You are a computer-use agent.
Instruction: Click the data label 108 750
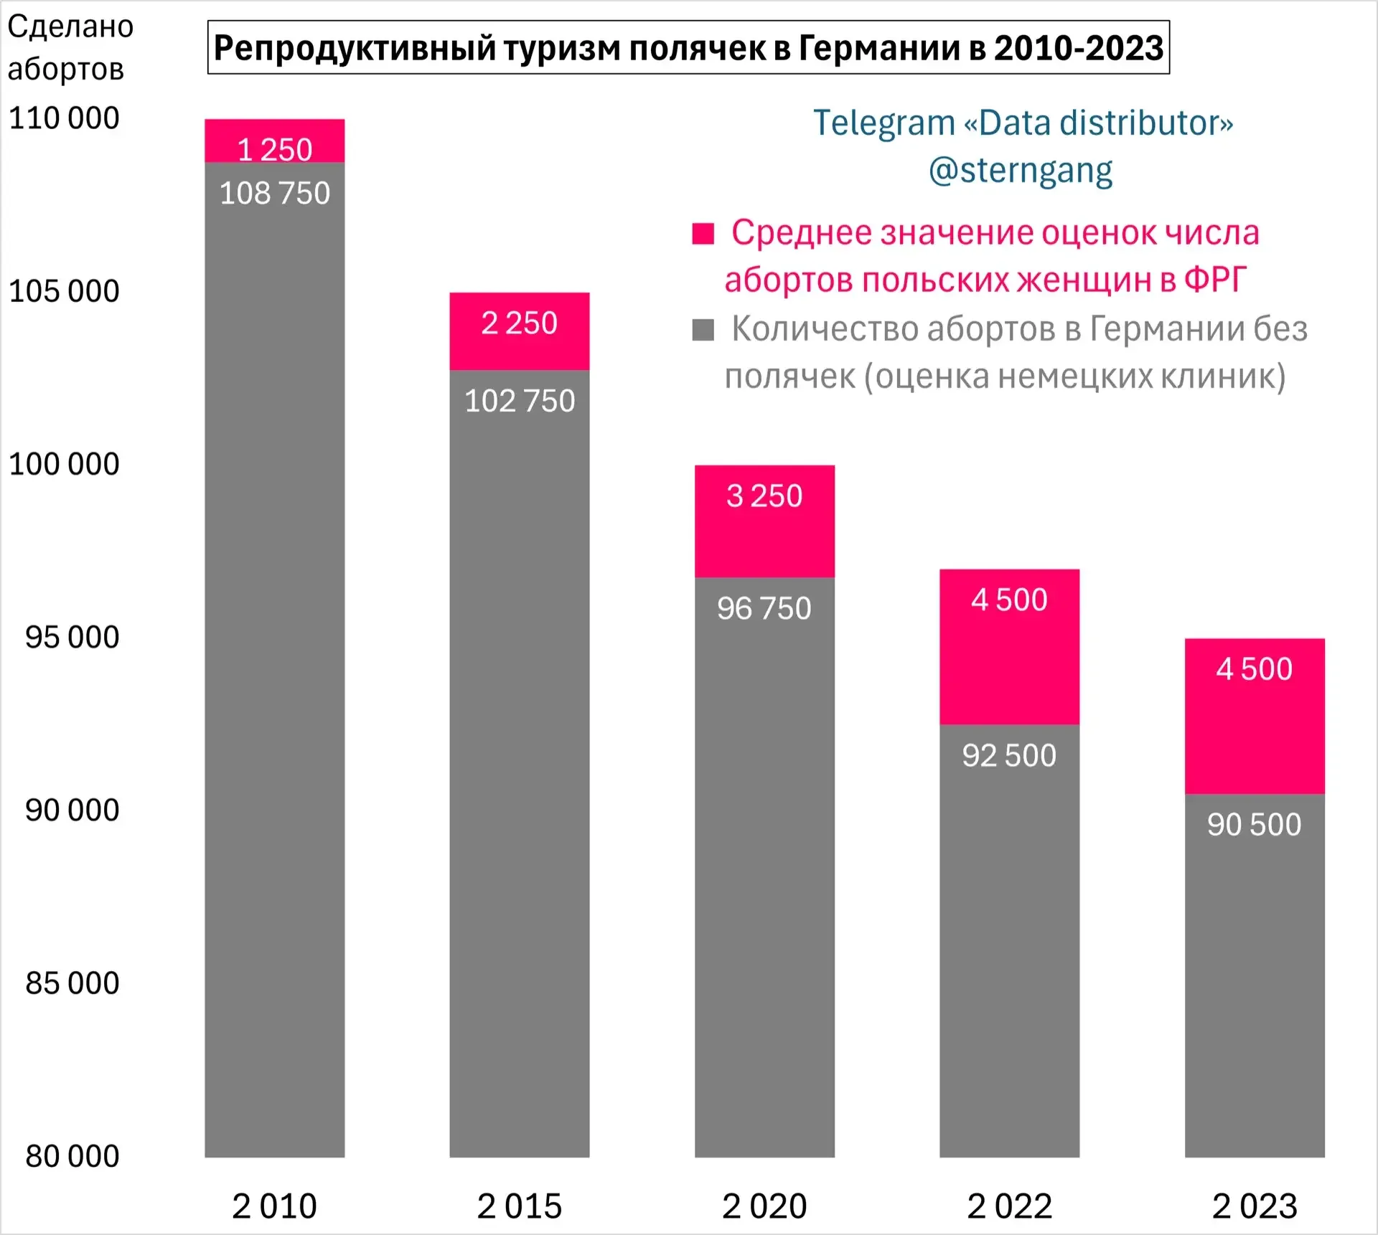[274, 193]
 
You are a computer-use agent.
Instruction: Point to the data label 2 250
[519, 323]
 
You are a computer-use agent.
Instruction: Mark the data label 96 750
[764, 608]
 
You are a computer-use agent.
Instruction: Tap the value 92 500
[1009, 755]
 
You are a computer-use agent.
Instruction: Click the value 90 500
[1254, 825]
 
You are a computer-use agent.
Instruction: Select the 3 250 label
[764, 496]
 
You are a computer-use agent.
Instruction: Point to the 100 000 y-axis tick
[64, 464]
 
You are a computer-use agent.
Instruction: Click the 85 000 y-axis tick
[72, 983]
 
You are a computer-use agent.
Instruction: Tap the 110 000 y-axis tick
[64, 118]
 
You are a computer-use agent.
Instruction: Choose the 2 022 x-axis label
[1009, 1206]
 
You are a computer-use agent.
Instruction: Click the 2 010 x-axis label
[274, 1206]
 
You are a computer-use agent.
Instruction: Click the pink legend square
[703, 234]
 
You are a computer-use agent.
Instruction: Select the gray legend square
[703, 330]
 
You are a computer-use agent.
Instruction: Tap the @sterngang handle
[1020, 171]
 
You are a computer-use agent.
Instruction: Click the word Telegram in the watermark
[883, 123]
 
